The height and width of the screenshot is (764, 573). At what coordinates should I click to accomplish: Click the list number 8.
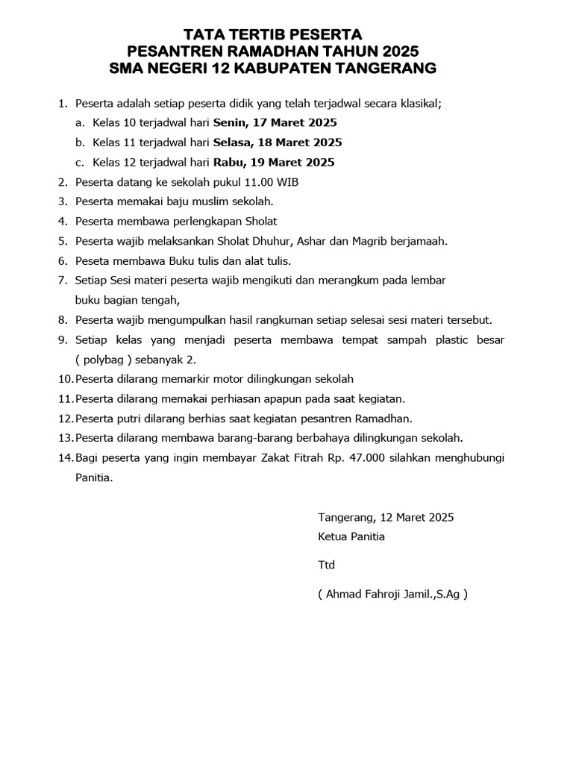(x=62, y=320)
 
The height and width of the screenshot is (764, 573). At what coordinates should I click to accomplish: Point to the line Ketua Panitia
(x=351, y=536)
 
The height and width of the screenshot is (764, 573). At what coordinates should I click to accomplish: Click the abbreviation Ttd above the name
(x=327, y=566)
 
